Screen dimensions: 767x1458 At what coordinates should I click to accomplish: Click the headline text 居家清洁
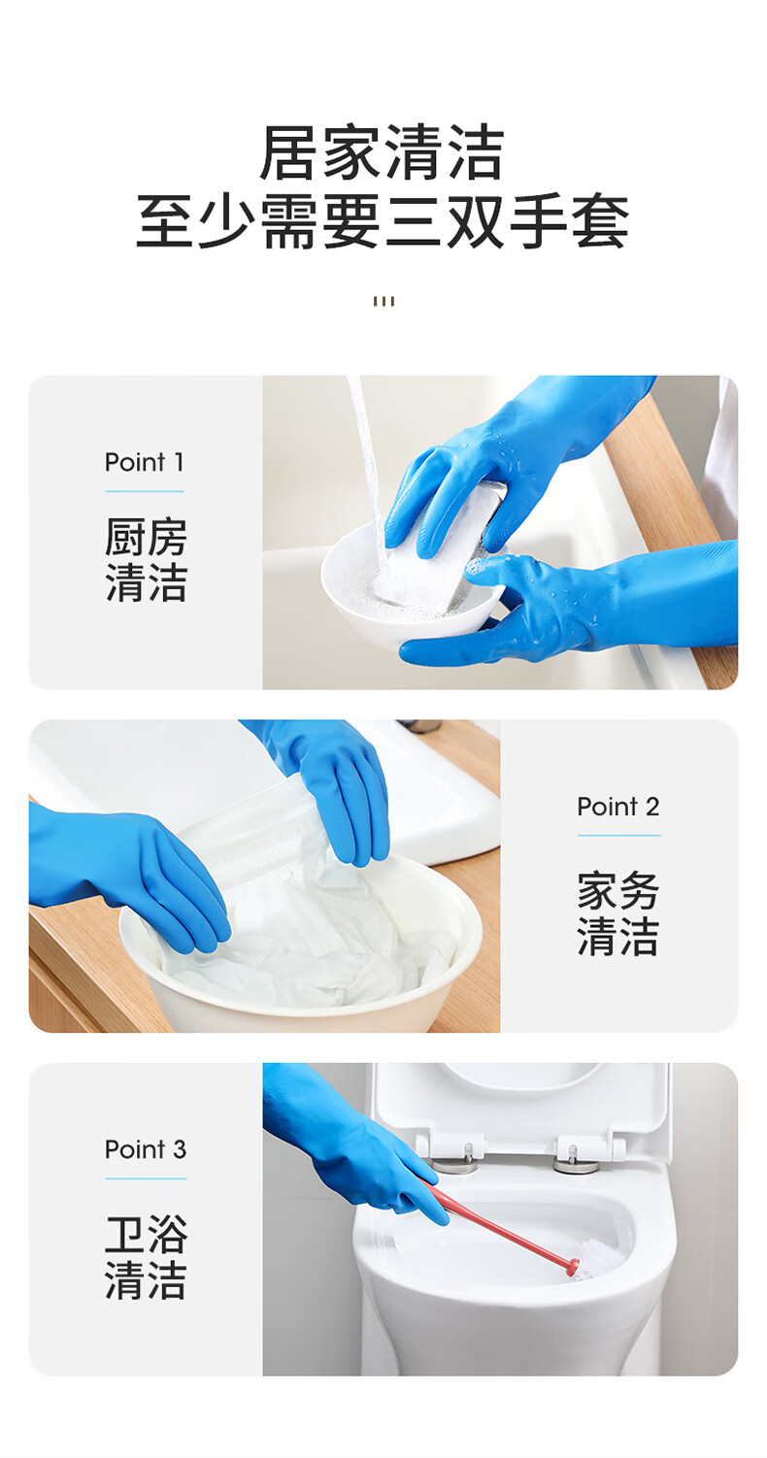point(383,153)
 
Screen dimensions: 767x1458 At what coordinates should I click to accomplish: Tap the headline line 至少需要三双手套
point(383,221)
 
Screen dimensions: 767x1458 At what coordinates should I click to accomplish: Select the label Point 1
point(145,462)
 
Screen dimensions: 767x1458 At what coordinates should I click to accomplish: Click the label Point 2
point(618,807)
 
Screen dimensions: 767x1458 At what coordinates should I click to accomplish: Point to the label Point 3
point(146,1149)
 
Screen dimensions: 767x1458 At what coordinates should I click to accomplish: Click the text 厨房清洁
point(146,559)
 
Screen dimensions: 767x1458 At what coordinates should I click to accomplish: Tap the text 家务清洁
point(618,913)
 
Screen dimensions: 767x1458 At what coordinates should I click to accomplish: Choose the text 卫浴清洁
point(146,1257)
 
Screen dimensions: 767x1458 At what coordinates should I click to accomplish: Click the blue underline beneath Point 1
point(145,491)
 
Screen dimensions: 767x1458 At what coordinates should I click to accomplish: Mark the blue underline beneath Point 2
point(619,835)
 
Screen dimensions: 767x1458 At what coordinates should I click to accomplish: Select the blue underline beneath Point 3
point(146,1178)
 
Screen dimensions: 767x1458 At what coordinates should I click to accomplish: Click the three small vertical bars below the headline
point(384,301)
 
